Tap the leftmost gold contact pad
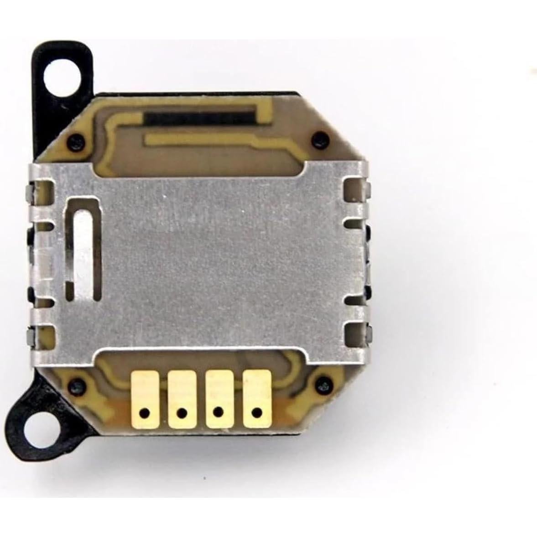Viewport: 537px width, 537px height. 144,397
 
